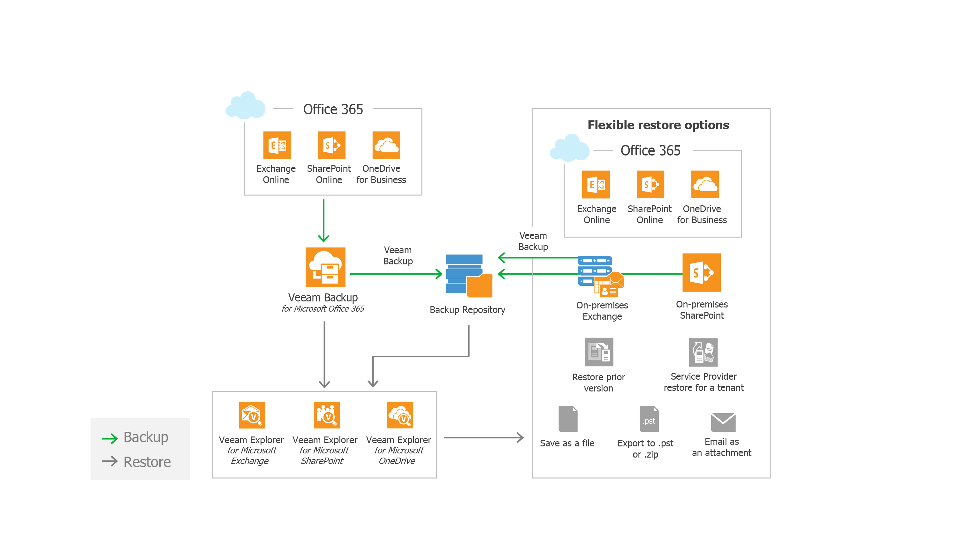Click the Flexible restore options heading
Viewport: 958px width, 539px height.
coord(658,125)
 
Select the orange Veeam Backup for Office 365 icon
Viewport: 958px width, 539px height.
coord(325,267)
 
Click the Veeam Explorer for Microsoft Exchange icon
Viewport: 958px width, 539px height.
coord(252,415)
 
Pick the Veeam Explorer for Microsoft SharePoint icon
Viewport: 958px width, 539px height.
coord(327,415)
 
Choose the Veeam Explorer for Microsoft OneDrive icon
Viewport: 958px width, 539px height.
coord(399,415)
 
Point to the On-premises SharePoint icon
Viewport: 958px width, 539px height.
coord(701,273)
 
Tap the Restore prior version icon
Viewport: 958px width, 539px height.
coord(599,352)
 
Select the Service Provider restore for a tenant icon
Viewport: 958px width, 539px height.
coord(703,352)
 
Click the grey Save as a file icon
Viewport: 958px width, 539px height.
coord(568,419)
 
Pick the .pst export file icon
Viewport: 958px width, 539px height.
coord(649,419)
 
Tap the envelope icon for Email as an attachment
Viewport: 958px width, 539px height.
coord(723,422)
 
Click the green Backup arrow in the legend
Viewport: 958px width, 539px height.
coord(110,438)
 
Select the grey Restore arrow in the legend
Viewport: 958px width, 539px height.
coord(110,462)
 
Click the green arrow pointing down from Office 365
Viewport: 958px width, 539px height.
coord(323,221)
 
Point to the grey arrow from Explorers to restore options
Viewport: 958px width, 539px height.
coord(483,437)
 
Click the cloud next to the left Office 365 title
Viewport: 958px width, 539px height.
coord(246,106)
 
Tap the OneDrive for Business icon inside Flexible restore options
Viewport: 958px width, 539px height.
coord(705,185)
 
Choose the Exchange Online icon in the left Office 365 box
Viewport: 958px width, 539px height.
coord(277,145)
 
